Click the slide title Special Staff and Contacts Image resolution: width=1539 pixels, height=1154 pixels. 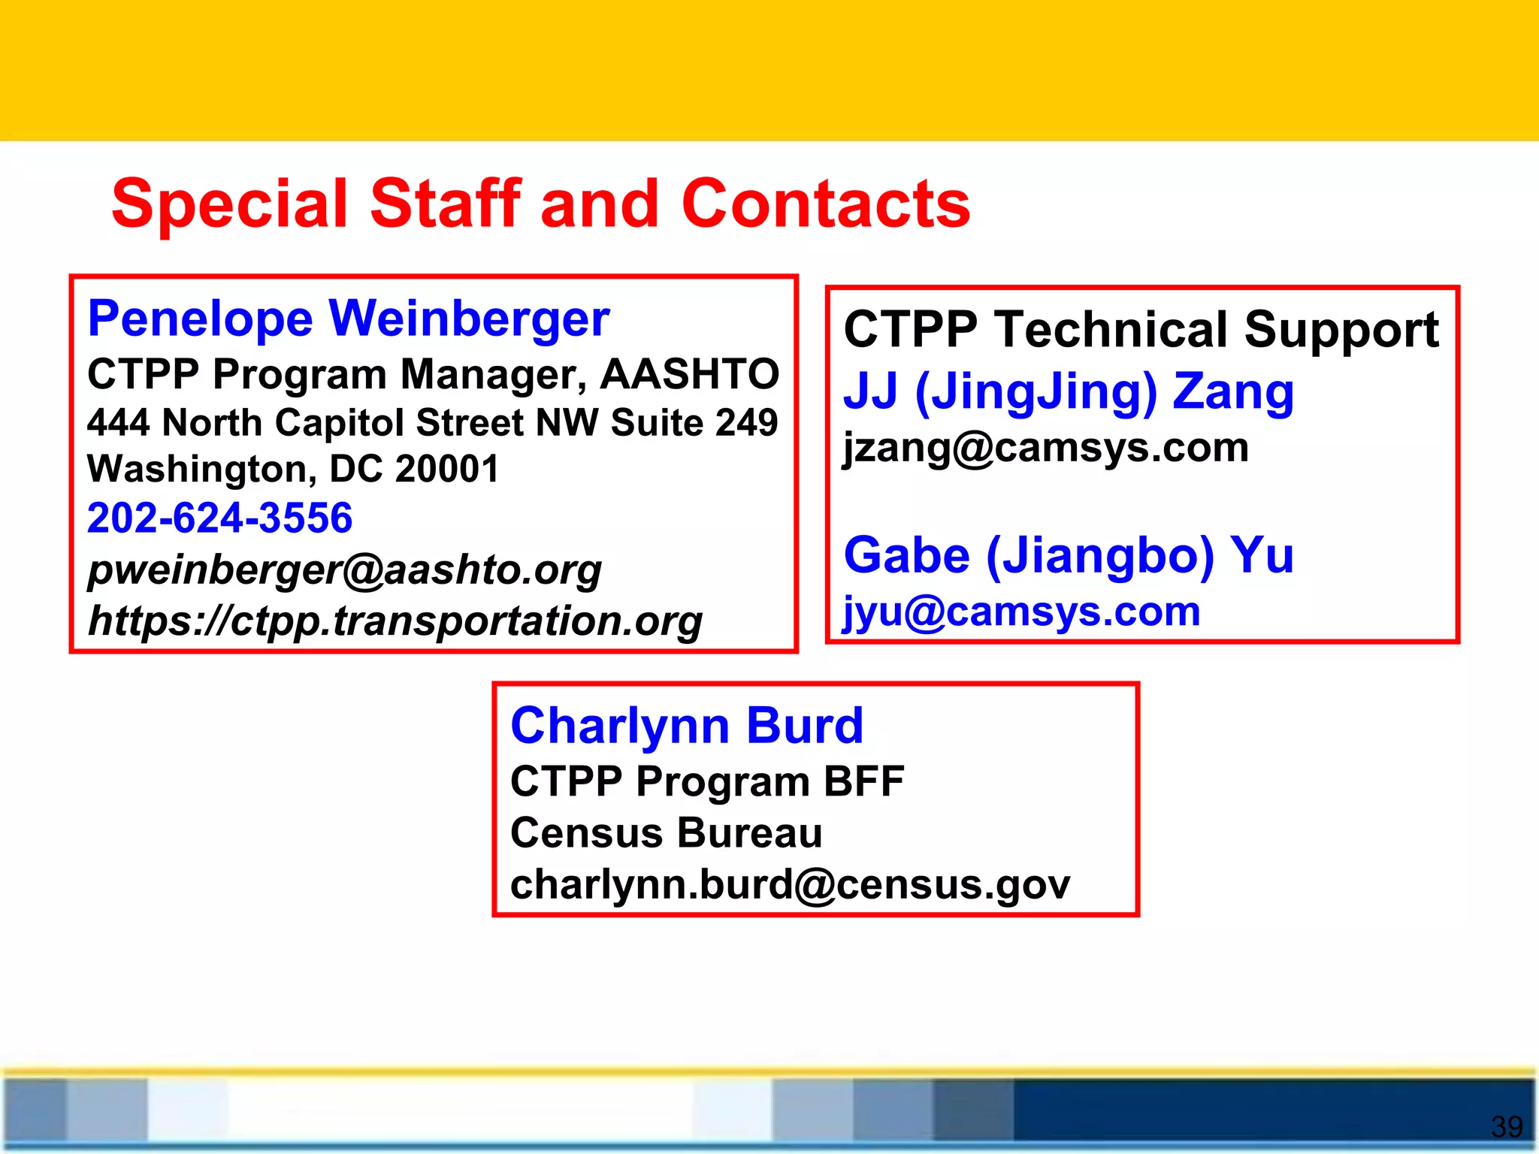tap(540, 204)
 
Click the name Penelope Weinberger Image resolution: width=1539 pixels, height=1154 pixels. tap(349, 319)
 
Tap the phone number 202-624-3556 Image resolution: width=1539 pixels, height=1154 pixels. tap(219, 518)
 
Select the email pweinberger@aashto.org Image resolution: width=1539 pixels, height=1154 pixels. tap(344, 569)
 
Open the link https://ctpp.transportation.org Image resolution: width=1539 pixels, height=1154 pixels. tap(395, 621)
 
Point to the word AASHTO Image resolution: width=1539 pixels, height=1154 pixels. tap(689, 374)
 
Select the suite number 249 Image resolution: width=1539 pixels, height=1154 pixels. tap(746, 423)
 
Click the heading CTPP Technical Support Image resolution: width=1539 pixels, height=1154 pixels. tap(1141, 330)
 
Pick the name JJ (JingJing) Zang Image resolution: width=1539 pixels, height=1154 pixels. tap(1068, 391)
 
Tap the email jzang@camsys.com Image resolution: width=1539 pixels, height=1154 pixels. tap(1045, 448)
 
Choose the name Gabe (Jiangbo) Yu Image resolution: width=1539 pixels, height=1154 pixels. tap(1068, 555)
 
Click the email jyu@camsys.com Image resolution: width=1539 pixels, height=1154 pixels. tap(1021, 611)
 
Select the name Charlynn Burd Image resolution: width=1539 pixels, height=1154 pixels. tap(687, 726)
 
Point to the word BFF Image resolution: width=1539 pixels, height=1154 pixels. tap(863, 781)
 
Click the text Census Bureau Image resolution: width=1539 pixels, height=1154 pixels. tap(666, 833)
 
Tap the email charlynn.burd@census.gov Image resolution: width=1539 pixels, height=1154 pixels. tap(790, 884)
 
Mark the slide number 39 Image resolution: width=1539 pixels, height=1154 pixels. tap(1506, 1126)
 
